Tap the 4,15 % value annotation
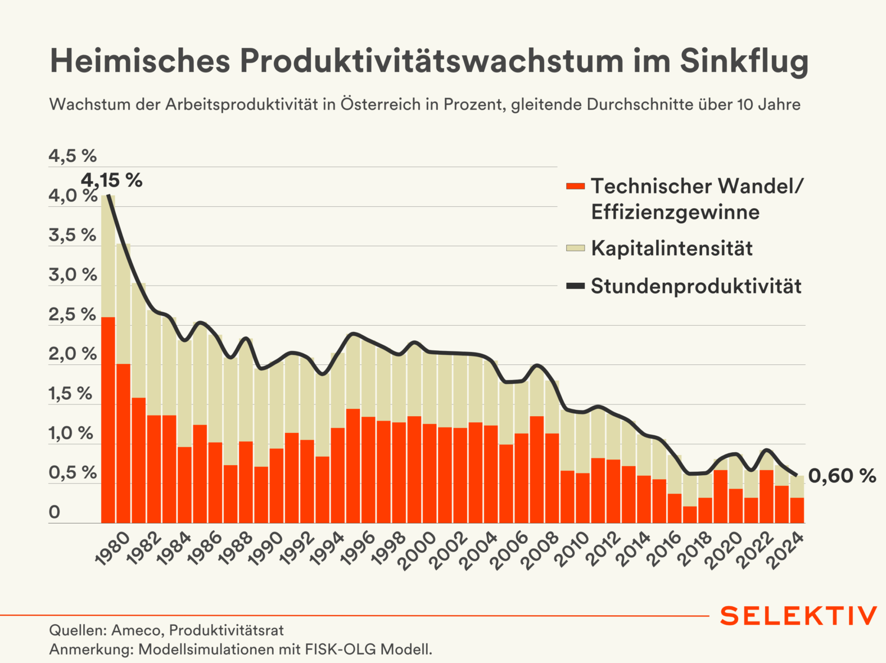(111, 180)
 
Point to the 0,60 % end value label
(842, 476)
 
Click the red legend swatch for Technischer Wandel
(575, 186)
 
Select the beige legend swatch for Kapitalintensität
(575, 248)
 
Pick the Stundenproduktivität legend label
(696, 286)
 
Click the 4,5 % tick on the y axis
(73, 156)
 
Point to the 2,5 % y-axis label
(73, 314)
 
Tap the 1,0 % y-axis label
(71, 434)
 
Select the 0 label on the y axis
(55, 512)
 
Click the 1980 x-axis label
(112, 548)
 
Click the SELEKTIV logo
(798, 616)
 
